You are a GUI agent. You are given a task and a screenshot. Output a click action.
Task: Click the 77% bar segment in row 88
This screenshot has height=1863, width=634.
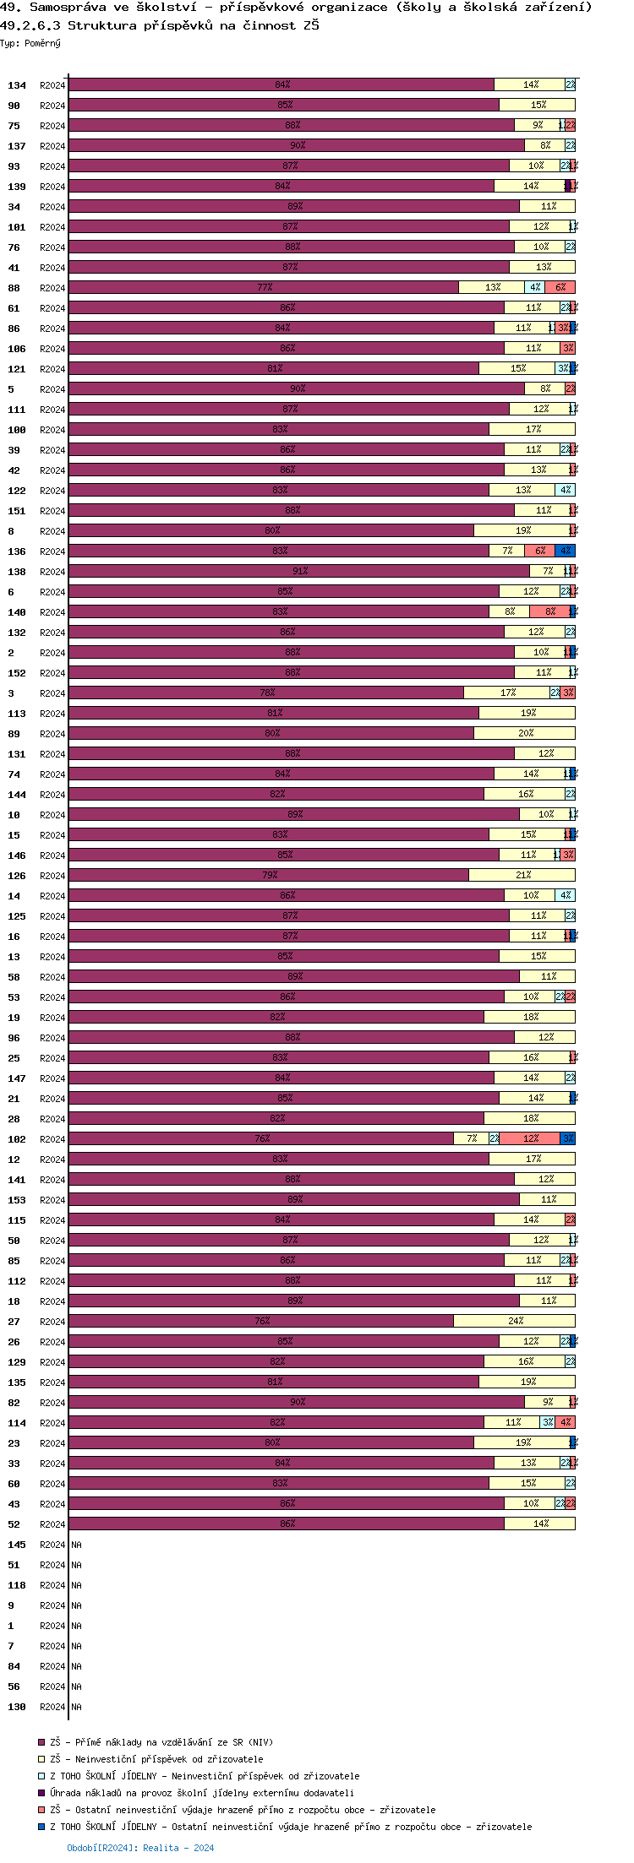(x=264, y=287)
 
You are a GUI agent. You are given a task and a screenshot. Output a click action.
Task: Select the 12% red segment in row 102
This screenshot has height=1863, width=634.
(x=530, y=1138)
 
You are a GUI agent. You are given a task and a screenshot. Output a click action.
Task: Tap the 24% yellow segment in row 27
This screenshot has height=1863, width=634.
(x=515, y=1321)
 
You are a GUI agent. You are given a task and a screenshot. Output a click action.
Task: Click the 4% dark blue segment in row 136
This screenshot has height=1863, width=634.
(x=566, y=551)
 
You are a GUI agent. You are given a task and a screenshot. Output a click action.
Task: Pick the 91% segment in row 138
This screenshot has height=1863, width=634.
(x=299, y=571)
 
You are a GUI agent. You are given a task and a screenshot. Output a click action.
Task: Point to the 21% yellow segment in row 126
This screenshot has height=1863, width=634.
(x=522, y=875)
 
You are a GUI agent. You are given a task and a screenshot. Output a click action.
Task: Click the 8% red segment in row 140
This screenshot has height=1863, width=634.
(x=549, y=611)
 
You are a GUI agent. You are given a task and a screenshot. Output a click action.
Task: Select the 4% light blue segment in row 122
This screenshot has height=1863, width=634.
(x=566, y=490)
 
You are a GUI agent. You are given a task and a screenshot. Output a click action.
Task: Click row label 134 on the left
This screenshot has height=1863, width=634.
(x=17, y=85)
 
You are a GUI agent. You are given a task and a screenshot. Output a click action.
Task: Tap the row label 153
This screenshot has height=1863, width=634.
(x=17, y=1200)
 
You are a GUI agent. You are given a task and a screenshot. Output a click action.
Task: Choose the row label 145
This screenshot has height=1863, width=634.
(x=17, y=1545)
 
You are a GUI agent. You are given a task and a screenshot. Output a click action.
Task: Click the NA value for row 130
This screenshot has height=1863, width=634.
(x=76, y=1707)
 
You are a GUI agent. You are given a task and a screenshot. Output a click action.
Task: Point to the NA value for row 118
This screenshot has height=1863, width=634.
(x=76, y=1585)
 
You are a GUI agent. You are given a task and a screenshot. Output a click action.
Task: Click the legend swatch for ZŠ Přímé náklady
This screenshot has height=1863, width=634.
(x=41, y=1742)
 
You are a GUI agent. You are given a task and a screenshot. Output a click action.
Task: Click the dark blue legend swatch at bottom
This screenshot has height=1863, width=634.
(x=41, y=1827)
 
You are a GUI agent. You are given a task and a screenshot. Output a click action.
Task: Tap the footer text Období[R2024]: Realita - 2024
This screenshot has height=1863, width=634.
(x=140, y=1848)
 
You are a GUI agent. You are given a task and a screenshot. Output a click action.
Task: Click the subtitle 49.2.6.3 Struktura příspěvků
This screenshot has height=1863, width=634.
(x=160, y=25)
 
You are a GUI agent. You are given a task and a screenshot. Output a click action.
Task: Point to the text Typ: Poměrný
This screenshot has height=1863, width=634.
(x=30, y=43)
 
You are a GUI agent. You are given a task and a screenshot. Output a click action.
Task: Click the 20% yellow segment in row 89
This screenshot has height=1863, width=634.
(x=525, y=733)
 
